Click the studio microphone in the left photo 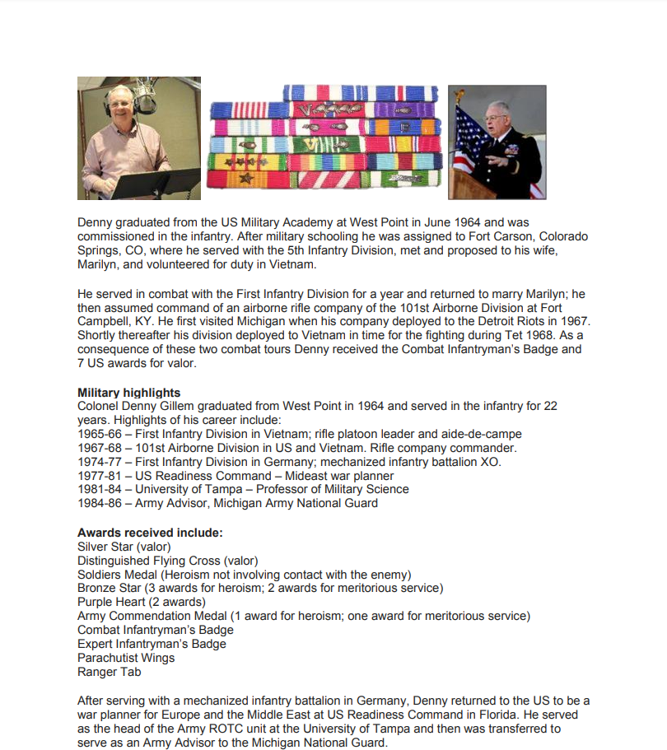point(145,96)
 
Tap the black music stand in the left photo point(156,183)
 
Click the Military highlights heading point(128,393)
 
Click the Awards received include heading point(150,533)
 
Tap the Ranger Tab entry point(110,672)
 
